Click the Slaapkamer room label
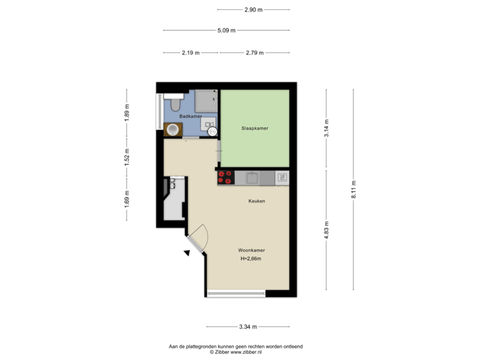[x=255, y=129]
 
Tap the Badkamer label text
[x=191, y=116]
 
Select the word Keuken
[x=257, y=201]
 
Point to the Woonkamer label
[x=251, y=251]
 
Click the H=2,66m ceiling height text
[x=251, y=258]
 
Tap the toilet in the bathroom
[x=175, y=103]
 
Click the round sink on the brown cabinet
[x=173, y=129]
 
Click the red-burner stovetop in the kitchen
[x=225, y=177]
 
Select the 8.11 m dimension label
[x=354, y=190]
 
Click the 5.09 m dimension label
[x=225, y=30]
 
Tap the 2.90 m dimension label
[x=253, y=9]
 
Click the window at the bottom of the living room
[x=236, y=293]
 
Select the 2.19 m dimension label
[x=191, y=53]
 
